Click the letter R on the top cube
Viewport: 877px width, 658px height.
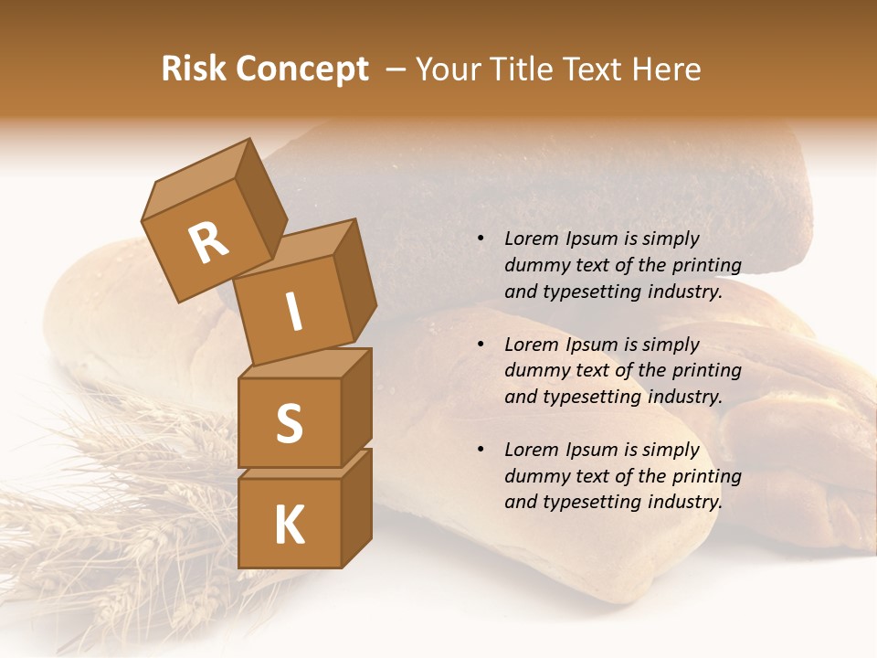[208, 243]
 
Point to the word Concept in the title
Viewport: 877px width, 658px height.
[301, 69]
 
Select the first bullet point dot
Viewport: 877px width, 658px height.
[481, 239]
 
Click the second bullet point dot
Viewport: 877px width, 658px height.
[481, 345]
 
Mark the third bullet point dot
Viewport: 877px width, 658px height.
[481, 451]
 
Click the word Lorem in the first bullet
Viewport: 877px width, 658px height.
[531, 239]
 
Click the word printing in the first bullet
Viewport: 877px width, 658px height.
[706, 266]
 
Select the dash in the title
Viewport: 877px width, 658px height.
[396, 69]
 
